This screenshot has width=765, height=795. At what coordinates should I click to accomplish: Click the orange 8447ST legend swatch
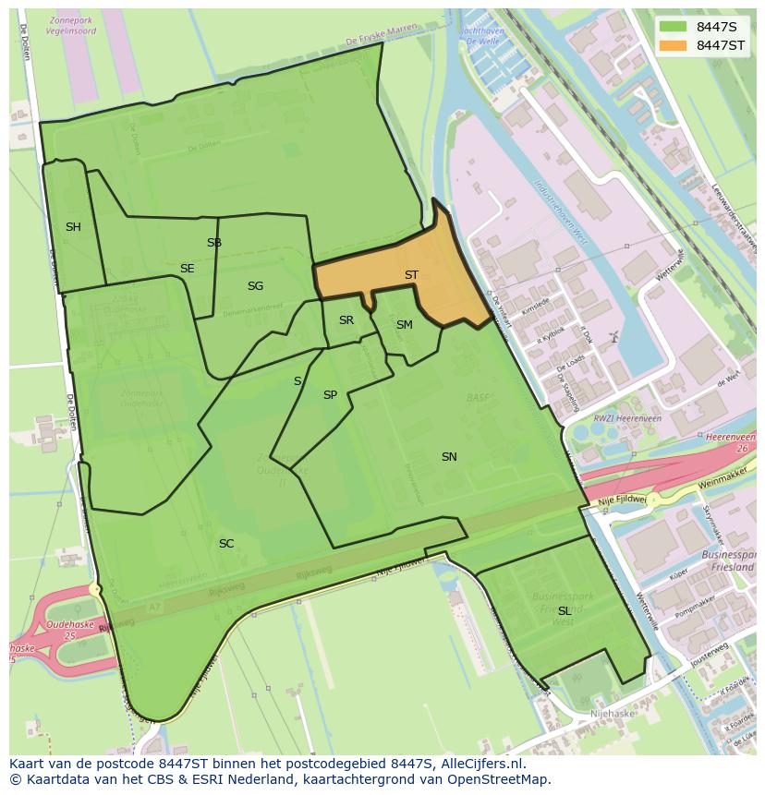(x=673, y=45)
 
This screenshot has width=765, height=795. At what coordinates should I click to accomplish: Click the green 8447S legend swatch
(x=673, y=27)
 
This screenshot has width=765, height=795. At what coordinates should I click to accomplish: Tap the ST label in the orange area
(x=411, y=275)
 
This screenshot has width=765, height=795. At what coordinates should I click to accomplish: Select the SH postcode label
(x=73, y=227)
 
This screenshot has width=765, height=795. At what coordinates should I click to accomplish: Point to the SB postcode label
(x=214, y=243)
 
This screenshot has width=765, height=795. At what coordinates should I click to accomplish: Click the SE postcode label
(x=188, y=269)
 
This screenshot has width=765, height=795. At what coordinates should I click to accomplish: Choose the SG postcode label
(x=255, y=286)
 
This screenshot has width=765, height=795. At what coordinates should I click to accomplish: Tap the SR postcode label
(x=346, y=320)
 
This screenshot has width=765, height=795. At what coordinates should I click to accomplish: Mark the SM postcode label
(x=405, y=325)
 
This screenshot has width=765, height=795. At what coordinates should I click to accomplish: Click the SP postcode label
(x=330, y=395)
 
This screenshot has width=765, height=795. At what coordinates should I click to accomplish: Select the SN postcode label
(x=449, y=457)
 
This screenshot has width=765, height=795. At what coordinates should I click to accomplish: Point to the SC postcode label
(x=226, y=544)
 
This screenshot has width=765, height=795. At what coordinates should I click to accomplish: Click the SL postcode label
(x=565, y=611)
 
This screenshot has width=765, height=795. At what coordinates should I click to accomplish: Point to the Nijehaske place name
(x=612, y=714)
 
